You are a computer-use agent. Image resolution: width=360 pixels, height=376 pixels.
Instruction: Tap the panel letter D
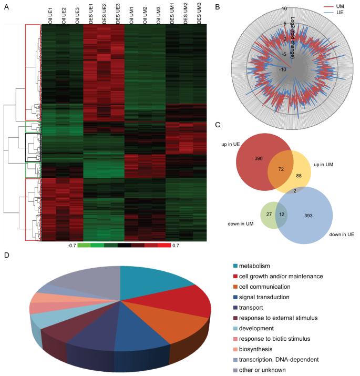coord(6,256)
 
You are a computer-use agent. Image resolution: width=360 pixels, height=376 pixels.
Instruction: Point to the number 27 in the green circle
coord(270,214)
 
